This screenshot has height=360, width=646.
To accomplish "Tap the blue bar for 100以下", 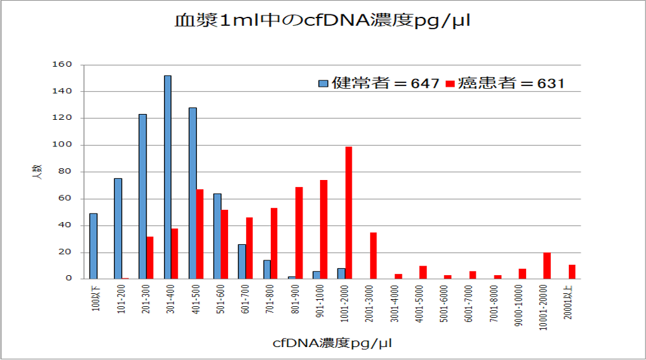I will click(x=93, y=246).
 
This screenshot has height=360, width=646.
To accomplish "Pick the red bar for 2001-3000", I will click(x=373, y=255).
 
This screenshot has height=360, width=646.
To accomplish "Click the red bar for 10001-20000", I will click(x=547, y=265).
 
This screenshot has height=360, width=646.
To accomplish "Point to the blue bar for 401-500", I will click(x=192, y=193).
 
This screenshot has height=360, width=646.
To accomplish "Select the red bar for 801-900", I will click(x=299, y=232).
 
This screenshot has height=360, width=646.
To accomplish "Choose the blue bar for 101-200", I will click(x=118, y=229).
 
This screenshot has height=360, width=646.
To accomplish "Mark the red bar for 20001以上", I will click(x=571, y=272).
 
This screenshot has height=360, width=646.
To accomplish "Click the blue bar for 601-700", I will click(x=242, y=262).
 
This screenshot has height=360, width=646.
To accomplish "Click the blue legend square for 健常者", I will click(x=323, y=84).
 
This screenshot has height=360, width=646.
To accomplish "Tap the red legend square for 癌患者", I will click(x=452, y=84).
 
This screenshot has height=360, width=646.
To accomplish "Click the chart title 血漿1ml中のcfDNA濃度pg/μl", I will click(x=322, y=21).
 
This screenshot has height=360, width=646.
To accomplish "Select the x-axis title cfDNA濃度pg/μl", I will click(x=332, y=342).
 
